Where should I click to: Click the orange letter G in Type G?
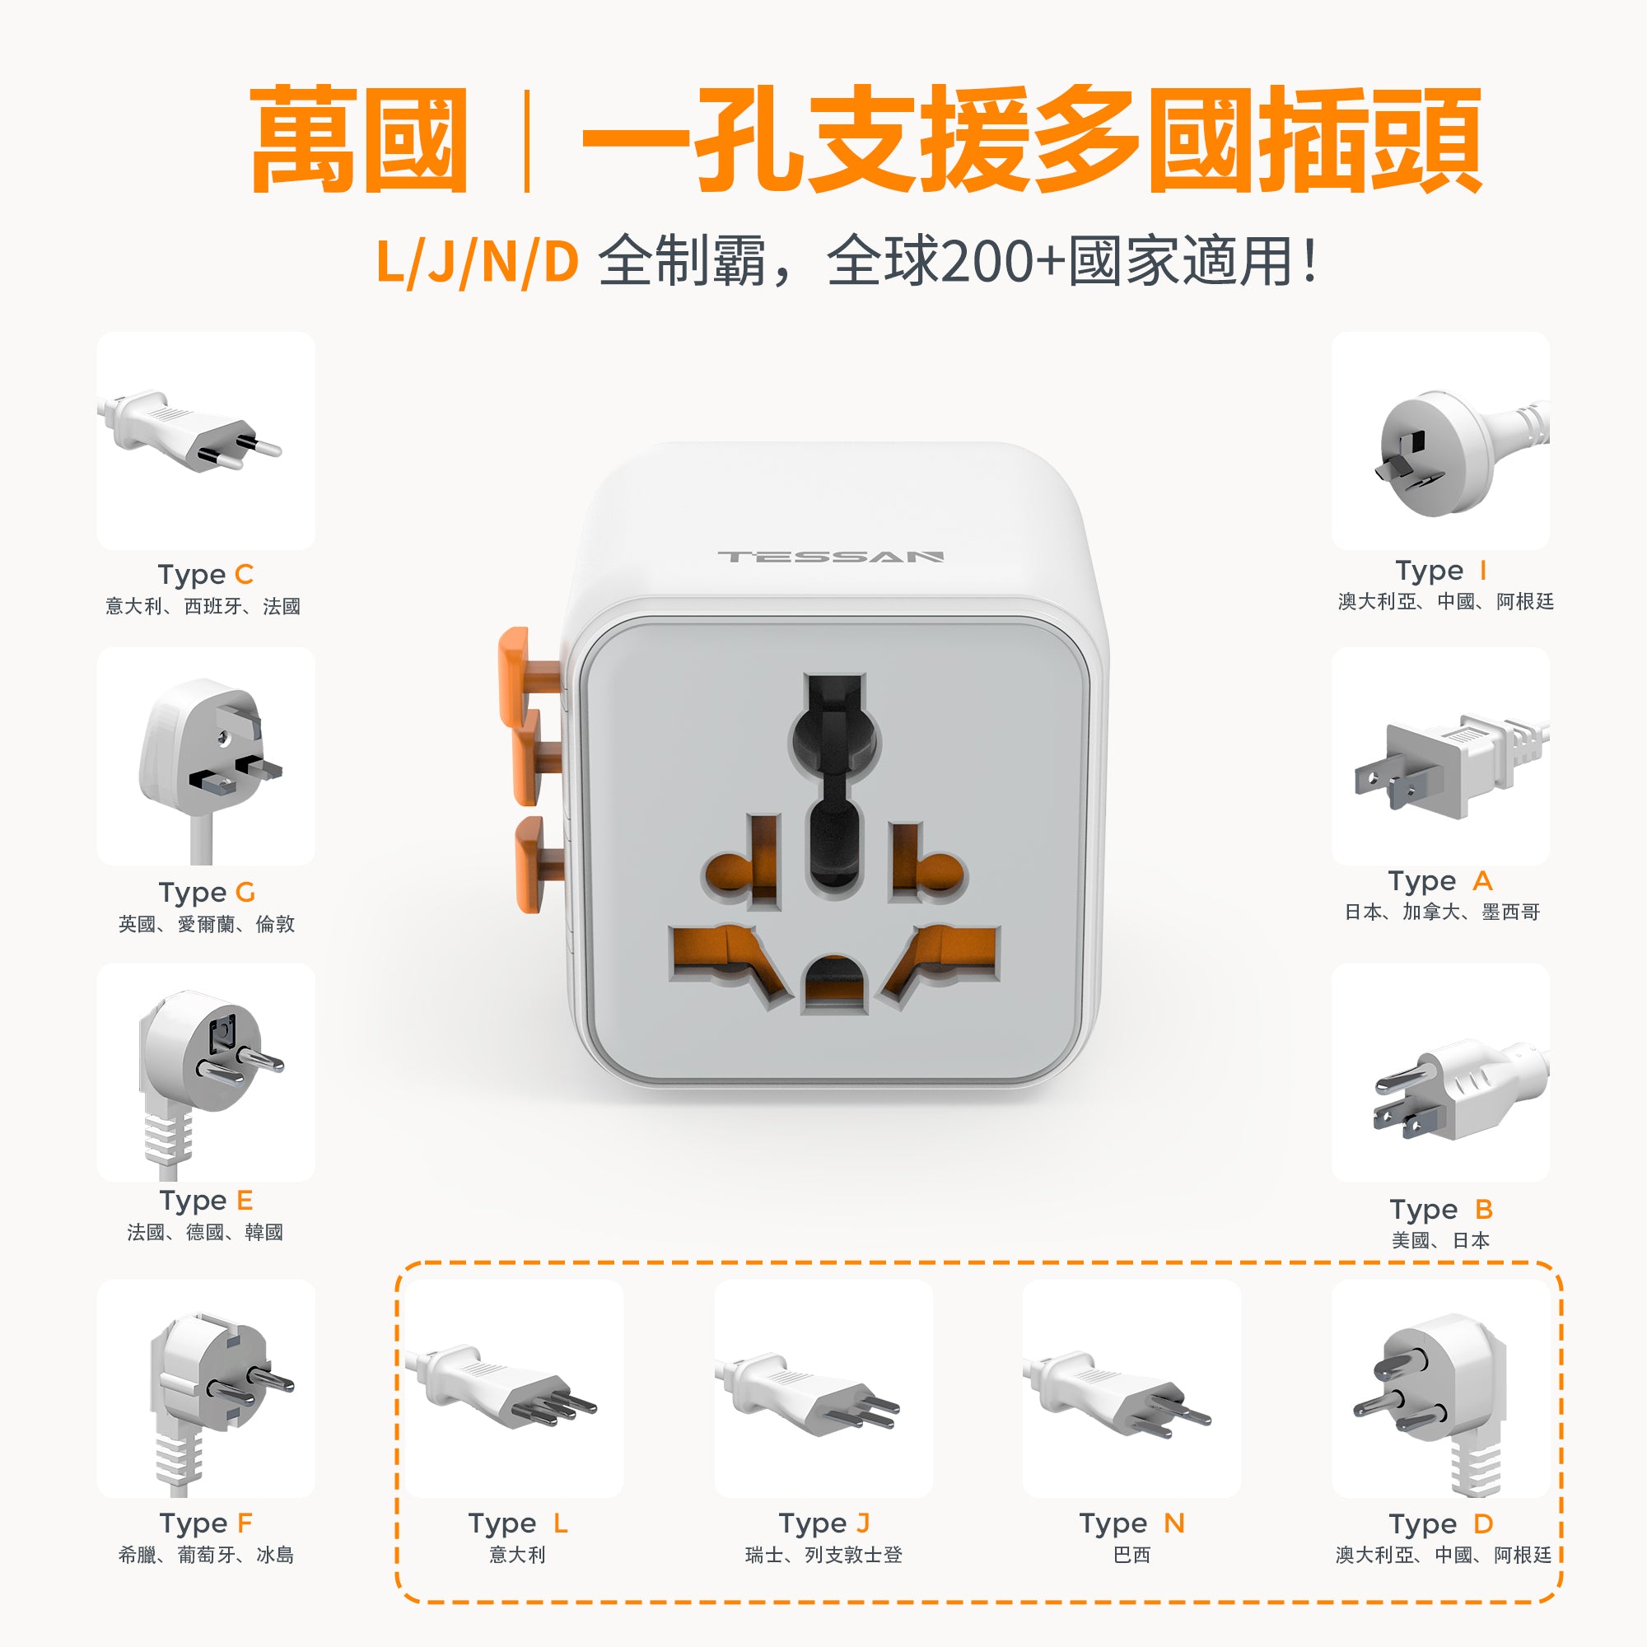(x=245, y=892)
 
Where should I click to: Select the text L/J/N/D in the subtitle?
(x=478, y=262)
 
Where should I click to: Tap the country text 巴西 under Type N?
(x=1131, y=1555)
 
